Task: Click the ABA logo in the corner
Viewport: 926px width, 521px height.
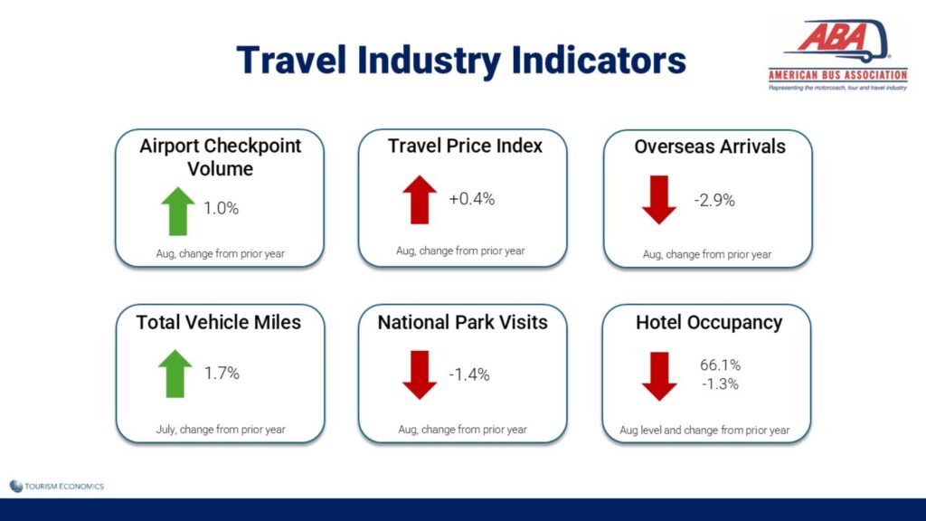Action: (x=837, y=55)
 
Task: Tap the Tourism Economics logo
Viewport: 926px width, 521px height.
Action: (x=57, y=486)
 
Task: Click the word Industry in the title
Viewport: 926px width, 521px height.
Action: (x=430, y=61)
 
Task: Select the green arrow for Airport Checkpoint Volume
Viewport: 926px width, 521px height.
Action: (x=178, y=211)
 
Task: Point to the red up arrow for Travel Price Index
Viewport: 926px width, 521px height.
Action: (x=420, y=200)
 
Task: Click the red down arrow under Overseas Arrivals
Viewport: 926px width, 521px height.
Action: (x=659, y=200)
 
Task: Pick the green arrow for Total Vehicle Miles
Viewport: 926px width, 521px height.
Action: (x=175, y=374)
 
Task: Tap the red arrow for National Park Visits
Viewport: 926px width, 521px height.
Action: (x=420, y=375)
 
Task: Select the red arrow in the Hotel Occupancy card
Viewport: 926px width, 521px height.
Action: (x=659, y=376)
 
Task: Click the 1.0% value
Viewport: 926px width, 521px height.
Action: (x=221, y=208)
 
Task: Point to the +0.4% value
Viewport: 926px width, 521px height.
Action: (x=471, y=198)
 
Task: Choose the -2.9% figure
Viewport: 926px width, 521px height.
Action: (x=714, y=200)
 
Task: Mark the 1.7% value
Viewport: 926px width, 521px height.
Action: (x=222, y=373)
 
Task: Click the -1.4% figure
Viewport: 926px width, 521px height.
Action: (x=469, y=374)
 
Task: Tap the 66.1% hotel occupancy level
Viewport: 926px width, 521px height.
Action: (x=720, y=365)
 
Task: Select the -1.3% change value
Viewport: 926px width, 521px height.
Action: (x=720, y=384)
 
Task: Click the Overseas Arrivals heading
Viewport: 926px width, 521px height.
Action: (x=710, y=147)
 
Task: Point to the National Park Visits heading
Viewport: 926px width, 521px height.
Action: (x=462, y=322)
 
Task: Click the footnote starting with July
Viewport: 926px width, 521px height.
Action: (x=221, y=430)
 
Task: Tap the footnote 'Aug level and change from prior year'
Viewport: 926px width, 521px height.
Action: (x=704, y=430)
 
